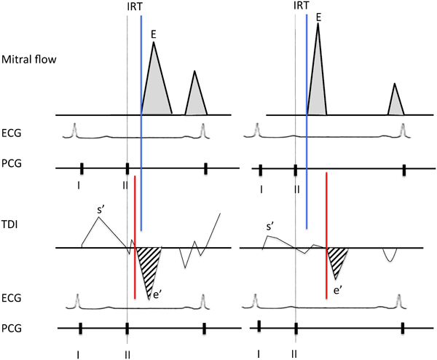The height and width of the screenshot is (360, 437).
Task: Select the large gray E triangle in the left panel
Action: pyautogui.click(x=156, y=87)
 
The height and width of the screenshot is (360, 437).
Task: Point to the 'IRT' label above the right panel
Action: pyautogui.click(x=301, y=6)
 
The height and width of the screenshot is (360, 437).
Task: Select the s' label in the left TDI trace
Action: pyautogui.click(x=102, y=211)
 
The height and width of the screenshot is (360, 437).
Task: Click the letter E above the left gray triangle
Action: pyautogui.click(x=153, y=34)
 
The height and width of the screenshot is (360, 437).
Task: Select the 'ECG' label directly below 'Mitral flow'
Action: pyautogui.click(x=12, y=132)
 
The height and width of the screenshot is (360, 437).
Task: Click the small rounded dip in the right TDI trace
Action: pyautogui.click(x=390, y=254)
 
